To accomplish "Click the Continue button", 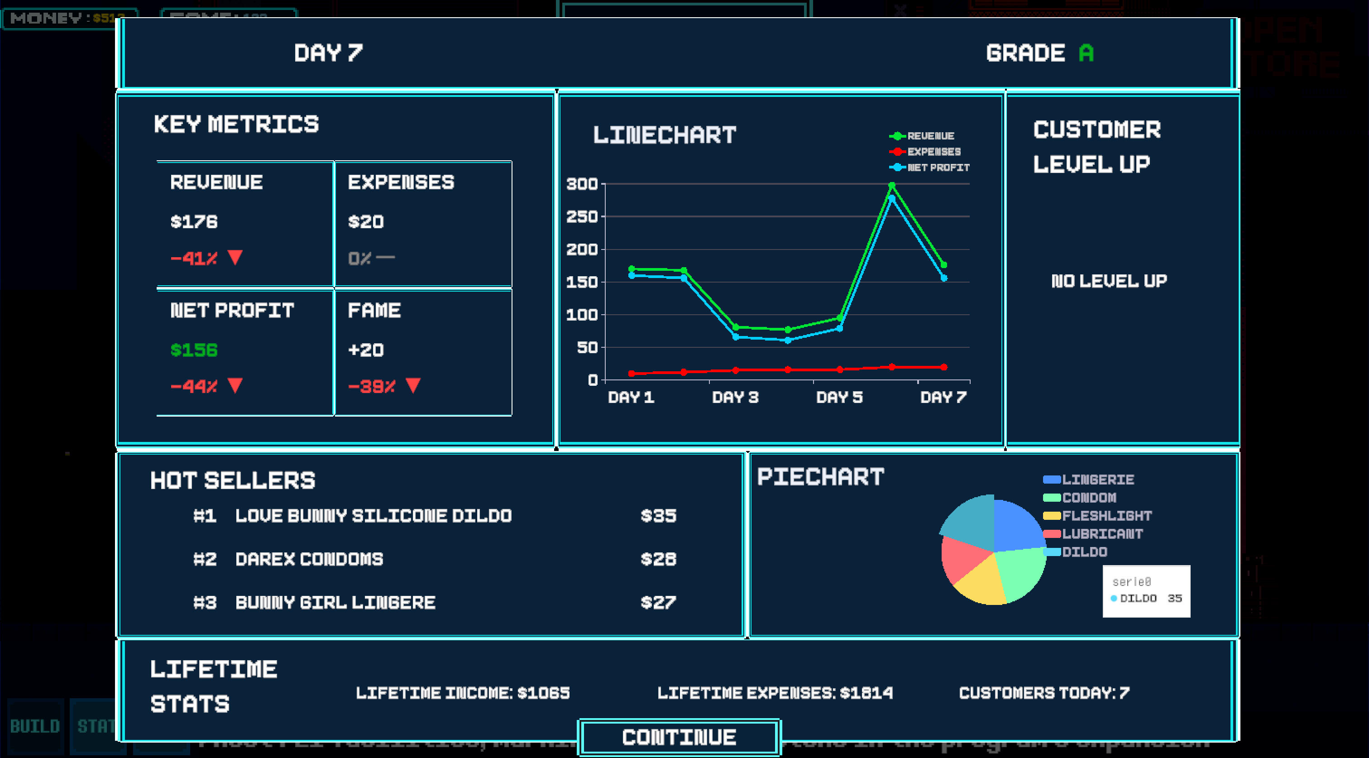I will point(679,737).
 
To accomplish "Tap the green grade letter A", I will point(1086,53).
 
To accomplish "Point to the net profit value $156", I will point(194,350).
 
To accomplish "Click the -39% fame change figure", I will point(372,386).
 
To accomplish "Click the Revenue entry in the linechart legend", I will point(930,136).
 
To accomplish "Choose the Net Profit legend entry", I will point(938,168).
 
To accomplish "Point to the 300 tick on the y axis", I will point(582,184).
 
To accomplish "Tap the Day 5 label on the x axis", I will point(839,397).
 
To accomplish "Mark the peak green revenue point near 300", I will point(892,186).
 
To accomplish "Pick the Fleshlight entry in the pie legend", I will point(1106,516).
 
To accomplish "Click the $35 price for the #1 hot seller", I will point(658,516).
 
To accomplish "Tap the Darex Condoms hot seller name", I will point(309,559).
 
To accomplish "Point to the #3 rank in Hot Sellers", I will point(205,602).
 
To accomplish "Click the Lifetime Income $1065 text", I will point(462,693).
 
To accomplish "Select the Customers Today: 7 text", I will point(1044,693).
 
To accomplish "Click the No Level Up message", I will point(1109,281).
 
